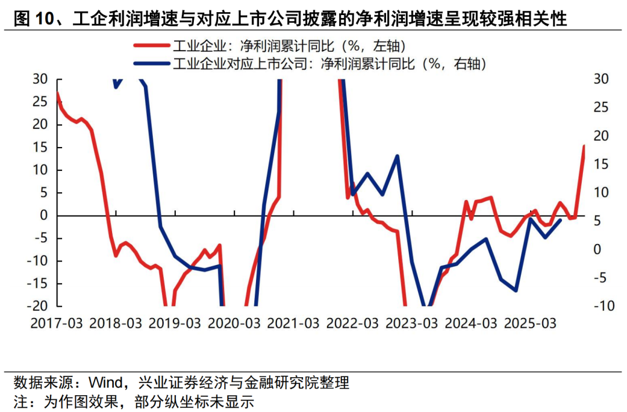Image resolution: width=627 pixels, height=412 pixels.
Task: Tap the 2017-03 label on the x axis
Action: coord(56,323)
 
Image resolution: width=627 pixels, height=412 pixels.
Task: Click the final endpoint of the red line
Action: coord(584,146)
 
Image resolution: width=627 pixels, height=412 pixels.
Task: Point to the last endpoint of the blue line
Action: coord(560,220)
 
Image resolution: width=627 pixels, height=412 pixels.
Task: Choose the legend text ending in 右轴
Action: coord(329,63)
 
